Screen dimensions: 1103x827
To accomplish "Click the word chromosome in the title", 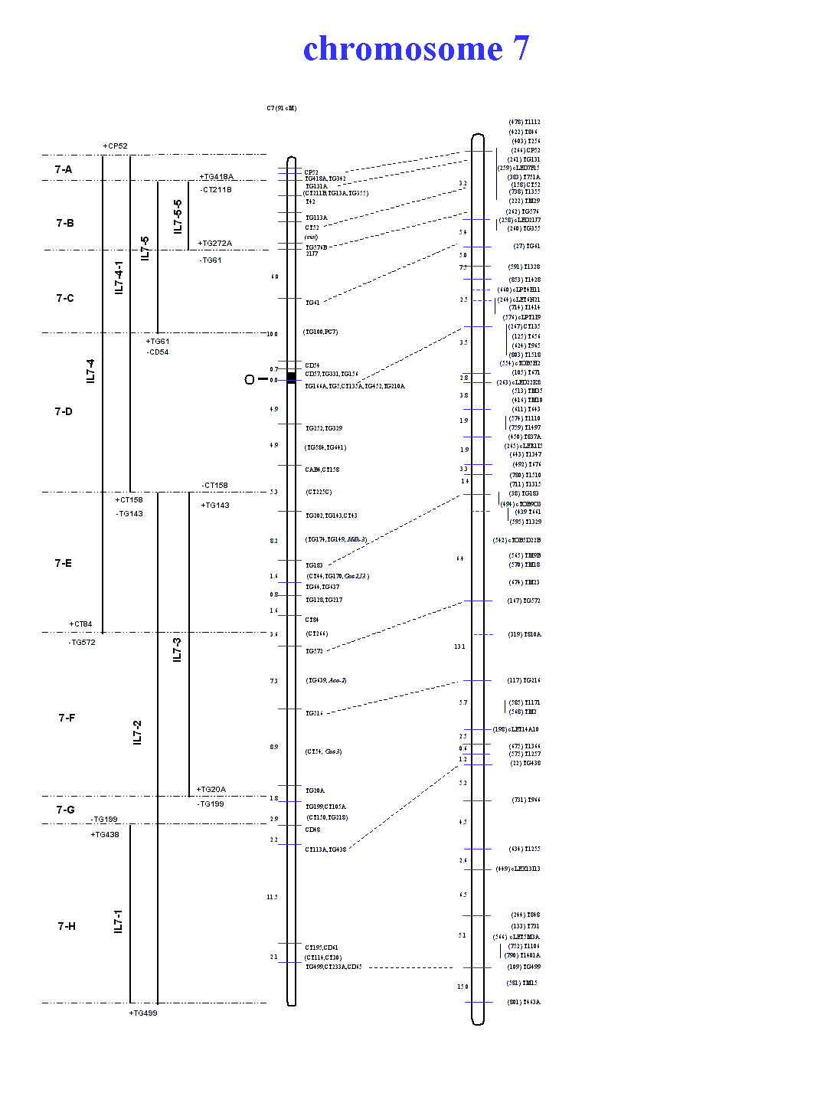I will pos(403,49).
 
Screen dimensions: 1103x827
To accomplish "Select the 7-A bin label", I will pos(64,169).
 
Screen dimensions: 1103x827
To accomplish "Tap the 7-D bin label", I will pos(64,411).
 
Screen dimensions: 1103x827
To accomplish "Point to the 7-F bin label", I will pos(67,718).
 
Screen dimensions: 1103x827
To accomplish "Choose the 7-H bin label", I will pos(67,926).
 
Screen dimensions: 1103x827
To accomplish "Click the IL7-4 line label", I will pos(90,371).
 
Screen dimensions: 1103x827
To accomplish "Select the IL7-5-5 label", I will pos(178,217).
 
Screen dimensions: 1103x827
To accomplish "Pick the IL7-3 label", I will pos(177,650).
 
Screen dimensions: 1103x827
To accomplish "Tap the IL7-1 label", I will pos(118,921).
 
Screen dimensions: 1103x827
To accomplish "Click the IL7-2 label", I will pos(137,732).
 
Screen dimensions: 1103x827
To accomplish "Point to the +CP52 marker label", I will pos(115,146).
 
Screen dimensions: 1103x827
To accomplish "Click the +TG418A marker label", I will pos(217,177).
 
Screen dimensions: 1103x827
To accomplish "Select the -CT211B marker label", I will pos(216,190).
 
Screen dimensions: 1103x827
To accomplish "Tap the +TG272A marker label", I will pos(214,244).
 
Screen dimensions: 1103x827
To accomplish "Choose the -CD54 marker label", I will pos(158,352).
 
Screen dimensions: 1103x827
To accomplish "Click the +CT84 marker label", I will pos(80,624).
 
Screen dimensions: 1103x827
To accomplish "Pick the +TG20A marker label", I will pos(211,790).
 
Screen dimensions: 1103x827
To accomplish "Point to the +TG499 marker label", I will pos(143,1013).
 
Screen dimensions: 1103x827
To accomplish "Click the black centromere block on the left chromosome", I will pos(291,377).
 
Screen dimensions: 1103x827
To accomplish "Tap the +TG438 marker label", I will pos(105,835).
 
